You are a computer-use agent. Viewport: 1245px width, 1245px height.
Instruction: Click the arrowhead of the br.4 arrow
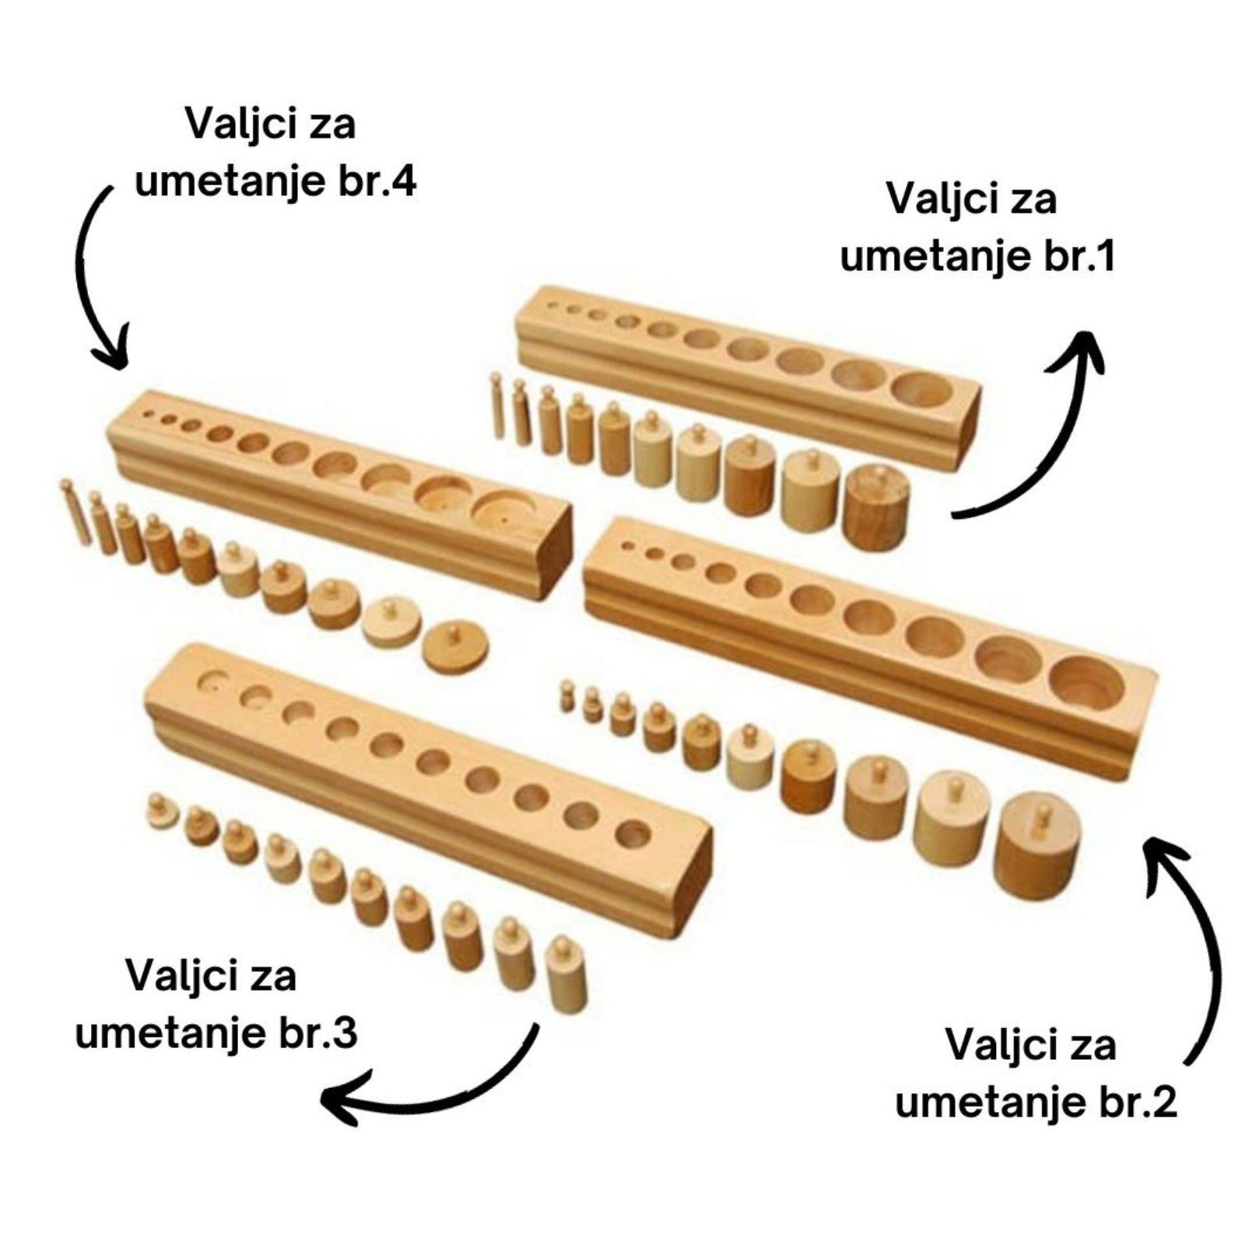coord(111,354)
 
